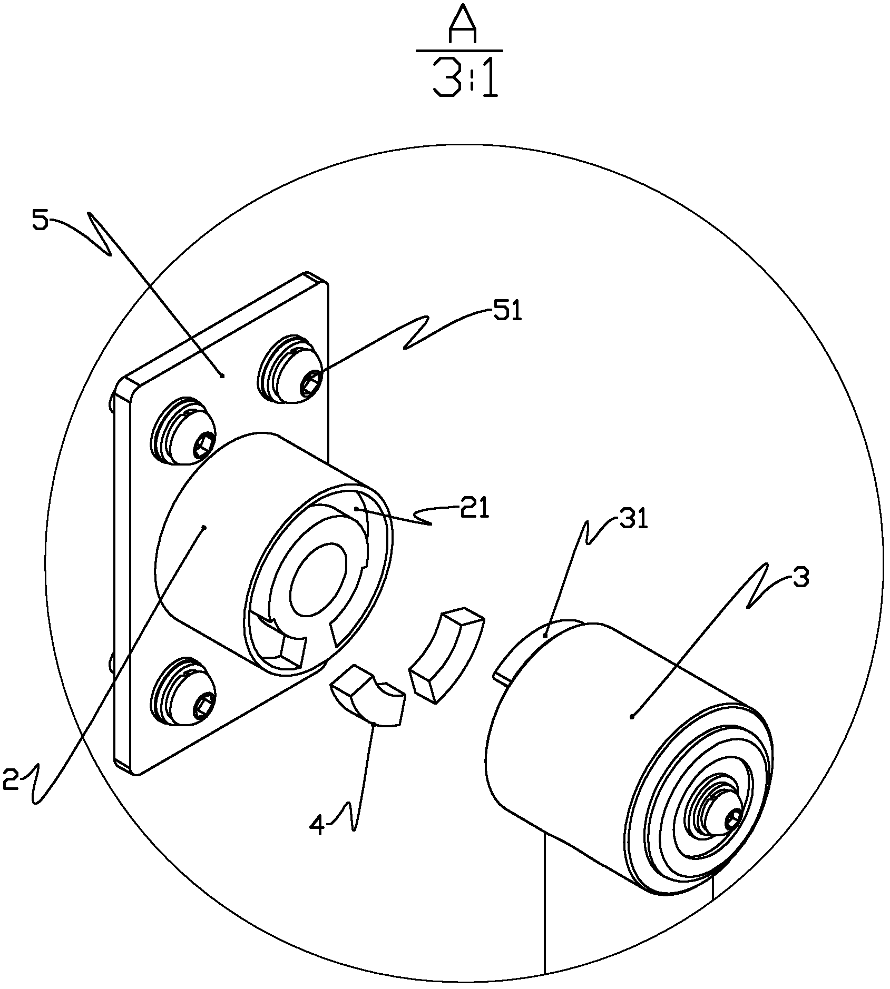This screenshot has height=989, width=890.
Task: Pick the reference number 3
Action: pyautogui.click(x=800, y=578)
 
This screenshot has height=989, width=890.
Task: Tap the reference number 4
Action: pyautogui.click(x=317, y=825)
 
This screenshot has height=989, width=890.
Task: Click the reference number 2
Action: pyautogui.click(x=11, y=780)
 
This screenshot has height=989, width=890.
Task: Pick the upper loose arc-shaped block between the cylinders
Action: pyautogui.click(x=446, y=654)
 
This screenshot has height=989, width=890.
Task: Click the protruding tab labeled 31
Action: pyautogui.click(x=537, y=651)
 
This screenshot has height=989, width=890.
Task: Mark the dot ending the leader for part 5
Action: pyautogui.click(x=222, y=375)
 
